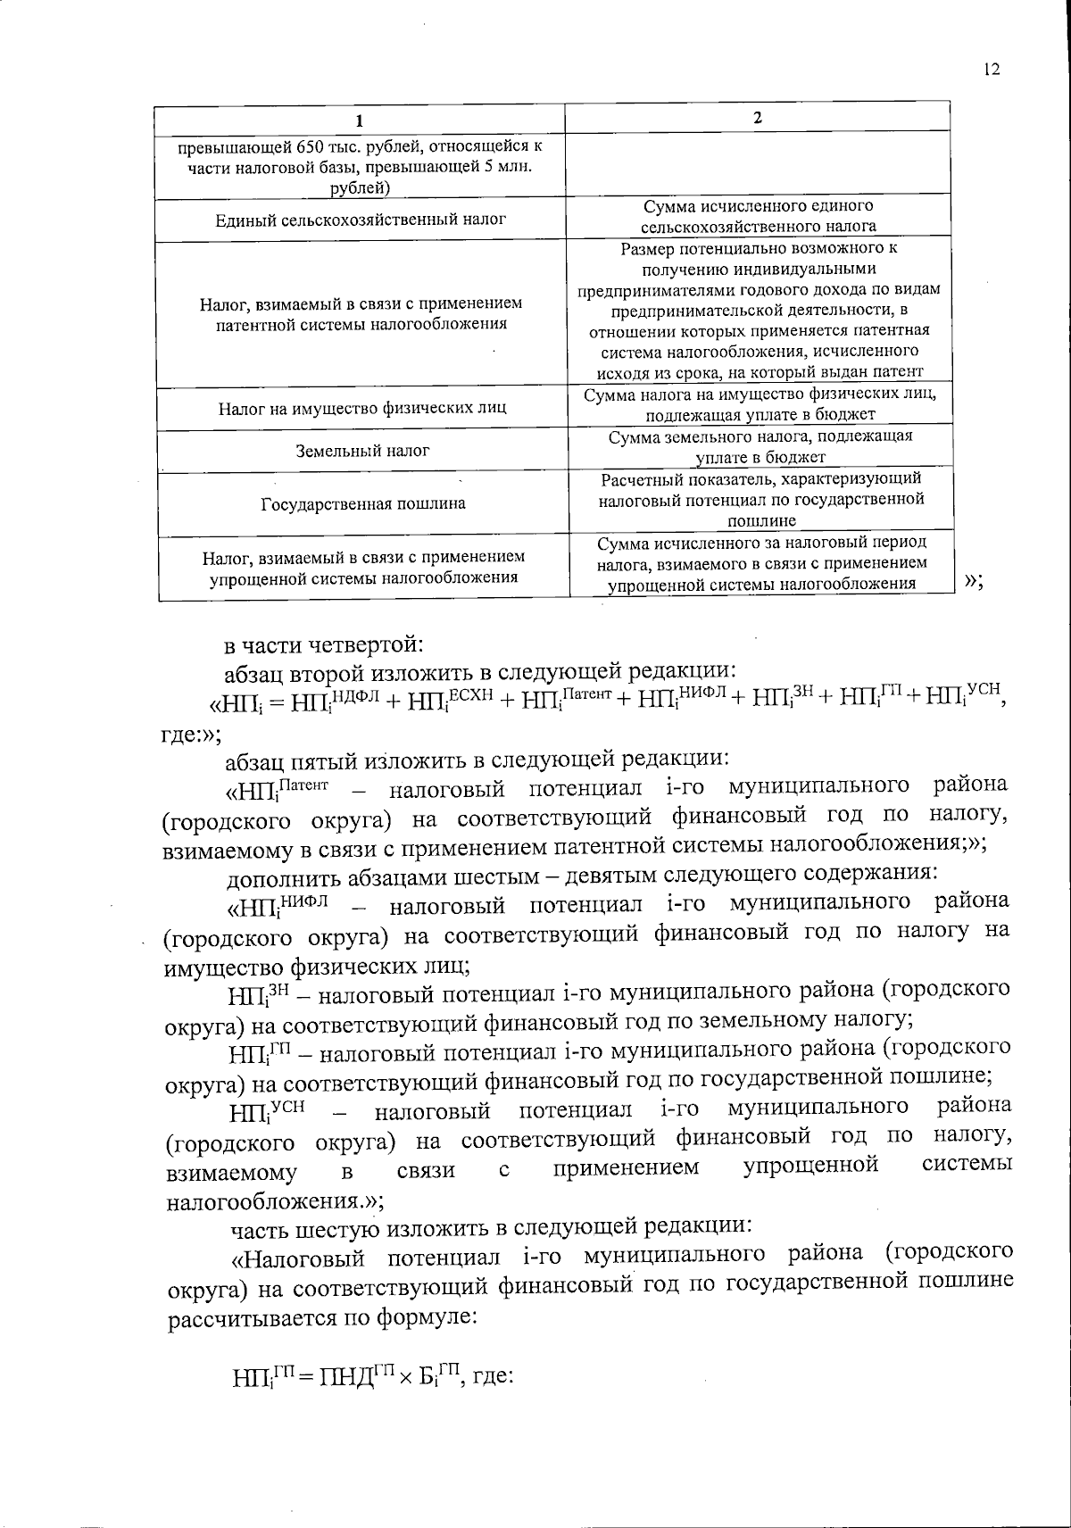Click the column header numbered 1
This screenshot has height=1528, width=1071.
click(361, 120)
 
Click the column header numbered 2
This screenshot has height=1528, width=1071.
click(758, 119)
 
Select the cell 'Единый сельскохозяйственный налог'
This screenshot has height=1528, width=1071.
click(361, 219)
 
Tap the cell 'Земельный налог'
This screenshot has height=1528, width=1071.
click(362, 451)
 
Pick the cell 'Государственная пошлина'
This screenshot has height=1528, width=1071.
click(362, 503)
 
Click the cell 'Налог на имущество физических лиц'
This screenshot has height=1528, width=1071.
click(362, 409)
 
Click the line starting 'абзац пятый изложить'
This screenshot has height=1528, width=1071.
click(477, 760)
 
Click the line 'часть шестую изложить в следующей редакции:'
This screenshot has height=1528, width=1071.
click(494, 1228)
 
